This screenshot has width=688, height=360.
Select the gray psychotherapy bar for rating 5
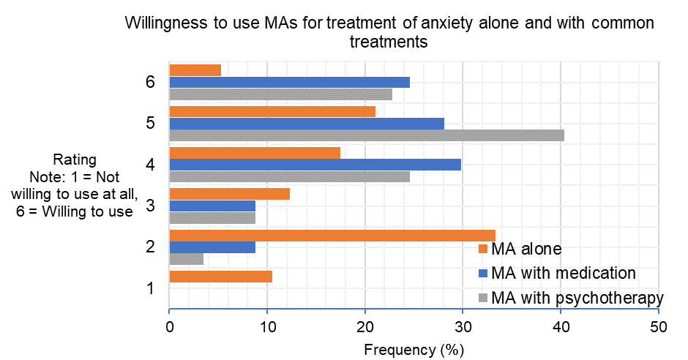click(366, 135)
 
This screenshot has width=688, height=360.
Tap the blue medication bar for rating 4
click(315, 164)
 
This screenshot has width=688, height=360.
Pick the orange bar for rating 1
click(220, 276)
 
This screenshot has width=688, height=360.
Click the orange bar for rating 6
click(195, 70)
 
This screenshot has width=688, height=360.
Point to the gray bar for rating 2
click(186, 258)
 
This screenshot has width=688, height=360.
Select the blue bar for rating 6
click(289, 82)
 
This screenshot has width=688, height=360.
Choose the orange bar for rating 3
click(229, 194)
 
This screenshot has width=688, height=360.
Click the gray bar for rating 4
click(289, 176)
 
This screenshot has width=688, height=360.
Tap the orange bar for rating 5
click(272, 111)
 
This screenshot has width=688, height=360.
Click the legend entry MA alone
click(526, 249)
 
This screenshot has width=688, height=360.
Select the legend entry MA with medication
click(563, 273)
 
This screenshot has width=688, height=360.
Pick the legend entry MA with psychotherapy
click(577, 298)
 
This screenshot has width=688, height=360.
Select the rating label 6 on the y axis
click(149, 82)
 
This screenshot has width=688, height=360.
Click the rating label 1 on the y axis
click(149, 288)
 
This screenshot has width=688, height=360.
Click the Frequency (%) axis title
click(414, 349)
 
